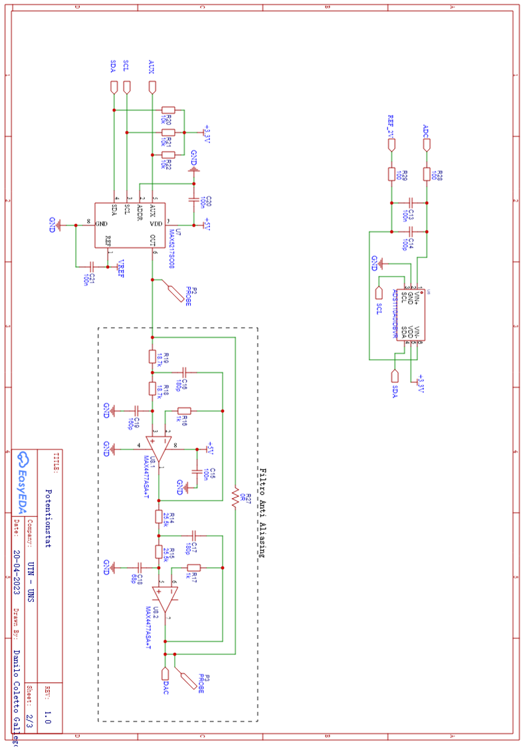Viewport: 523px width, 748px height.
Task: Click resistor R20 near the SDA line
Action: (168, 110)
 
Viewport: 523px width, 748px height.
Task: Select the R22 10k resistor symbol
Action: (168, 155)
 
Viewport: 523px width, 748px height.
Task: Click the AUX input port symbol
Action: (153, 87)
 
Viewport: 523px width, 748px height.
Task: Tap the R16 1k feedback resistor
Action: (184, 410)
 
